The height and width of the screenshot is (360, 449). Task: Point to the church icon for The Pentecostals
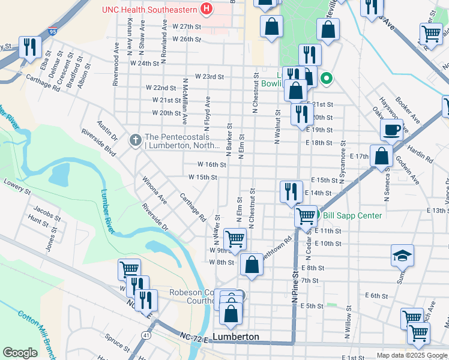135,140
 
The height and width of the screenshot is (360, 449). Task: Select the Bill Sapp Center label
352,215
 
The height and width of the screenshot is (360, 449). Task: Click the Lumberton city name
237,337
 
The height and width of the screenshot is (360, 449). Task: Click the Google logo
20,353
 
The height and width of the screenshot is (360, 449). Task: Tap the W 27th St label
185,27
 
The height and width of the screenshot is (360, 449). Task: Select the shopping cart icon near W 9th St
235,238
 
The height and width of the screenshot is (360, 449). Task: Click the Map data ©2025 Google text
412,355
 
